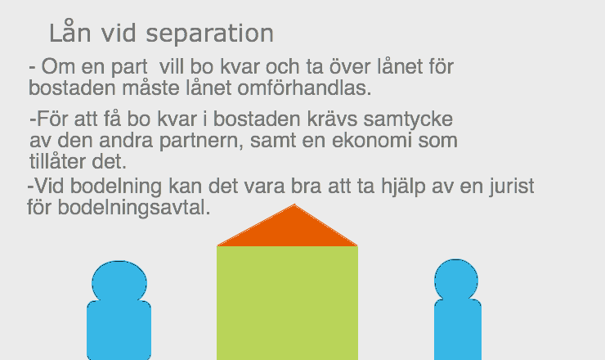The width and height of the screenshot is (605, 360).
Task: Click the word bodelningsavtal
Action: [134, 208]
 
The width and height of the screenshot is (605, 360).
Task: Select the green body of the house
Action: [287, 303]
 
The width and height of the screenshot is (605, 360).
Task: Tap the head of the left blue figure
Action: [119, 281]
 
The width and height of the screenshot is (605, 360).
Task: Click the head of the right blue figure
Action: [456, 281]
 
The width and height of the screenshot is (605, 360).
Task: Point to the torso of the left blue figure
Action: [119, 331]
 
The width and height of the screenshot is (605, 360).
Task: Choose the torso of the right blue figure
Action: [457, 331]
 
